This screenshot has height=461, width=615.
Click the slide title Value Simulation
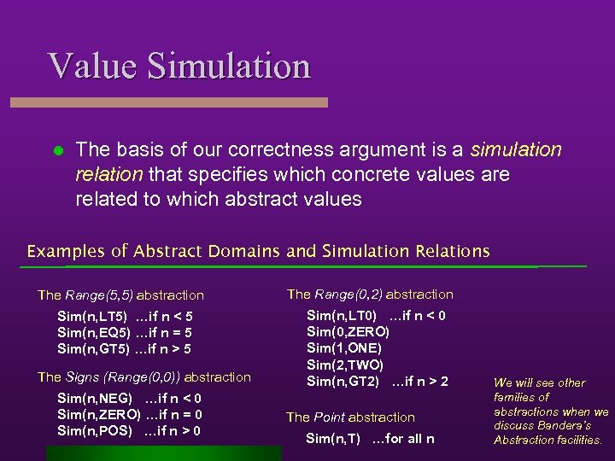point(179,66)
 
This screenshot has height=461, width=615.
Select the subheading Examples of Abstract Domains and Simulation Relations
point(258,251)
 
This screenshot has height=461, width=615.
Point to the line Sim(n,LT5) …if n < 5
point(124,317)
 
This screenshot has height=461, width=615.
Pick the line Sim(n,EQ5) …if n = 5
point(124,333)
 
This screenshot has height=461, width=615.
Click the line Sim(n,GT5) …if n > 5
point(124,348)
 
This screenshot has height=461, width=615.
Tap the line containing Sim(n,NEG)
point(129,399)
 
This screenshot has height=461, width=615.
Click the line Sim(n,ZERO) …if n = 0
point(129,415)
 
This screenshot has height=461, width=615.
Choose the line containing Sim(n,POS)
point(129,430)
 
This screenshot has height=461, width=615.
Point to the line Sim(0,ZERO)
point(348,331)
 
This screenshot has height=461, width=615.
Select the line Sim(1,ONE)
point(343,347)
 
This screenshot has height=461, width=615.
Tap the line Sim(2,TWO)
point(344,365)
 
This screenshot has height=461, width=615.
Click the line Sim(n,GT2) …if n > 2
point(377,381)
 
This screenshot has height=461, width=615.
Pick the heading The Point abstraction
point(350,417)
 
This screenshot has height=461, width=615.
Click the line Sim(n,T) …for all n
point(370,439)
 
